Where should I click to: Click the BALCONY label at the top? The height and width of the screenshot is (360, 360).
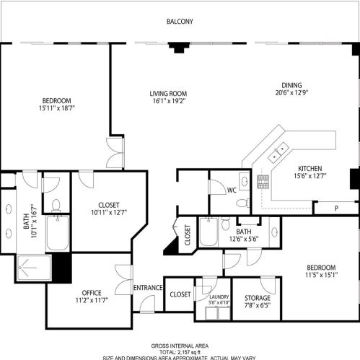[x=180, y=22]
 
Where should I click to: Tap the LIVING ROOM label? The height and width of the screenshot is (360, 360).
[x=168, y=94]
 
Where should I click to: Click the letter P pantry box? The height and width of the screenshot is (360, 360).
[x=335, y=208]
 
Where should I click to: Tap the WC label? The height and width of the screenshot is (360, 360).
[x=232, y=190]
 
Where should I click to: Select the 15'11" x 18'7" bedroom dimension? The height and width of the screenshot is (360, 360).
[x=56, y=107]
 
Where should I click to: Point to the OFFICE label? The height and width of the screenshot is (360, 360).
[x=91, y=292]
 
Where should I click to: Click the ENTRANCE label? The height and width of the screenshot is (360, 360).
[x=148, y=288]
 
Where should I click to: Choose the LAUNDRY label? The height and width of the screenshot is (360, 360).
[x=220, y=296]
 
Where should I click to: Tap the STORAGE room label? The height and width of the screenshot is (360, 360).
[x=257, y=297]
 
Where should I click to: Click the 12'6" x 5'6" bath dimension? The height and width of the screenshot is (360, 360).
[x=243, y=239]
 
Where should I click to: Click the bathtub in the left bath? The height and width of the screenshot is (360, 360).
[x=57, y=233]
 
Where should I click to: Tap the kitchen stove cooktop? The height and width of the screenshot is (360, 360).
[x=263, y=182]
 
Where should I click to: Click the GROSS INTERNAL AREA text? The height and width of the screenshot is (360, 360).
[x=180, y=346]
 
